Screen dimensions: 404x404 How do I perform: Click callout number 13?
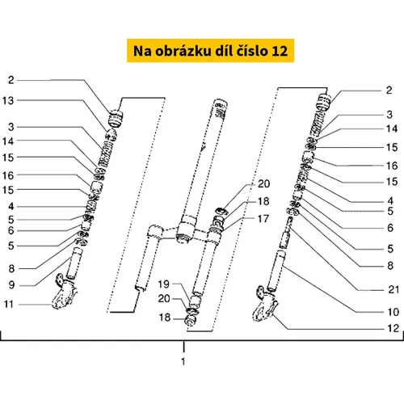click(8, 101)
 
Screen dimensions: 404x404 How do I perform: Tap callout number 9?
click(11, 284)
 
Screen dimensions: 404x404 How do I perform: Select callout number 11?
click(8, 304)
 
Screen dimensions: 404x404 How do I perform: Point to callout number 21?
click(393, 289)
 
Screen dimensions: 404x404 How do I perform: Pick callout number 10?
click(393, 312)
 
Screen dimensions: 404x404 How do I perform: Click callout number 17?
click(263, 219)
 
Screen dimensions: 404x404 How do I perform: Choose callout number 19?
click(163, 284)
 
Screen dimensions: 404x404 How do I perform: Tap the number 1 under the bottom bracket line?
click(183, 361)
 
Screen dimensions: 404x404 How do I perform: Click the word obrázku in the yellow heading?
click(183, 51)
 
